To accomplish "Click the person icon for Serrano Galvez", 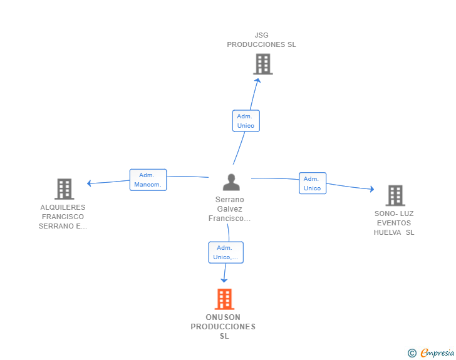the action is (231, 182).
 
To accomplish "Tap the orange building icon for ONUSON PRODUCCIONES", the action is (224, 299).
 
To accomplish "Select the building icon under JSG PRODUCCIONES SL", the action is (263, 64).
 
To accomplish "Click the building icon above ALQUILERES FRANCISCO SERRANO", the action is (65, 188).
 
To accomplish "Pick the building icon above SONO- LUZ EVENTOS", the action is (395, 195).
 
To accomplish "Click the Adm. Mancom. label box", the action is (148, 180).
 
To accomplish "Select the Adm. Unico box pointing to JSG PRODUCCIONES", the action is (246, 121).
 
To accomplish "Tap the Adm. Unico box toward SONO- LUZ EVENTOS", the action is (313, 183).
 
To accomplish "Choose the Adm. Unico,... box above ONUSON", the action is (225, 252).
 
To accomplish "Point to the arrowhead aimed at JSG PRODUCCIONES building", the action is (257, 80).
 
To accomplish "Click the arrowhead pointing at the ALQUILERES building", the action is (89, 183).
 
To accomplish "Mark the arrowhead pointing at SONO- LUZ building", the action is (372, 189).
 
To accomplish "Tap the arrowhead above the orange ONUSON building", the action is (224, 280).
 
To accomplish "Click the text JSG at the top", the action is (261, 35).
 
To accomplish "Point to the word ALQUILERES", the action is (63, 207).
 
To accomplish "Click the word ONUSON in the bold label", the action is (223, 317).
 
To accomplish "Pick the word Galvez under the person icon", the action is (229, 208).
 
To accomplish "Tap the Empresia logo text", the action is (437, 352).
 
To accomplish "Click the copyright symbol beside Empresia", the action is (412, 353).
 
